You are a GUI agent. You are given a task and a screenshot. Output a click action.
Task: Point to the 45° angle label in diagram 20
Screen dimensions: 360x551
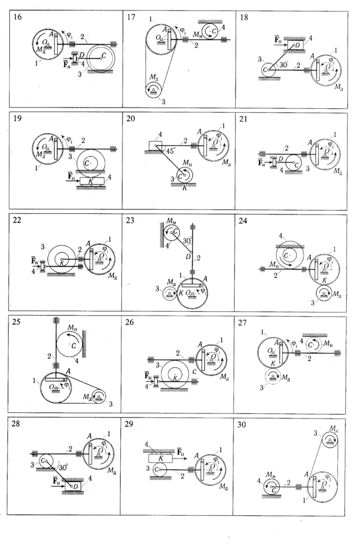168,150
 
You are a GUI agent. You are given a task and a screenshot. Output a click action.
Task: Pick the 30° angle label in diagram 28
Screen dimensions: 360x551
61,468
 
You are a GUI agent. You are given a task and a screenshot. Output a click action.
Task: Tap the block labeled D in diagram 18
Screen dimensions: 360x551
294,45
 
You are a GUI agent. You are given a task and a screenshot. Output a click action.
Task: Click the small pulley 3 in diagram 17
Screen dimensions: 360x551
154,89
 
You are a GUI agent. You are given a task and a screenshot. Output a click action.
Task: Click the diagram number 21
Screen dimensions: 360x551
244,119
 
